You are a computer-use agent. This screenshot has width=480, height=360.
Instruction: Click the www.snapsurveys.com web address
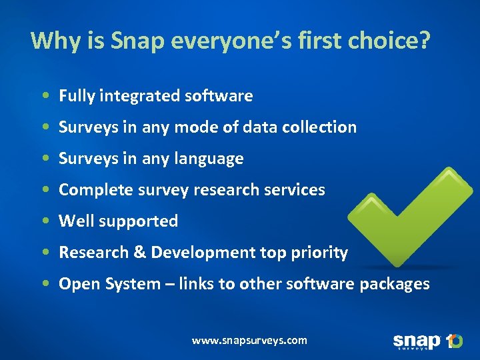(249, 340)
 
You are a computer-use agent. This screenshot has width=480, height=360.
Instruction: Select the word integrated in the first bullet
(139, 96)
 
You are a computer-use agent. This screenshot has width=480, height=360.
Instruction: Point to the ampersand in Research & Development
(140, 253)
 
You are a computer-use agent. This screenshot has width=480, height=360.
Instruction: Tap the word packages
(395, 284)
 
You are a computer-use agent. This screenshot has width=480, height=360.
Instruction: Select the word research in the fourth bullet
(229, 190)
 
